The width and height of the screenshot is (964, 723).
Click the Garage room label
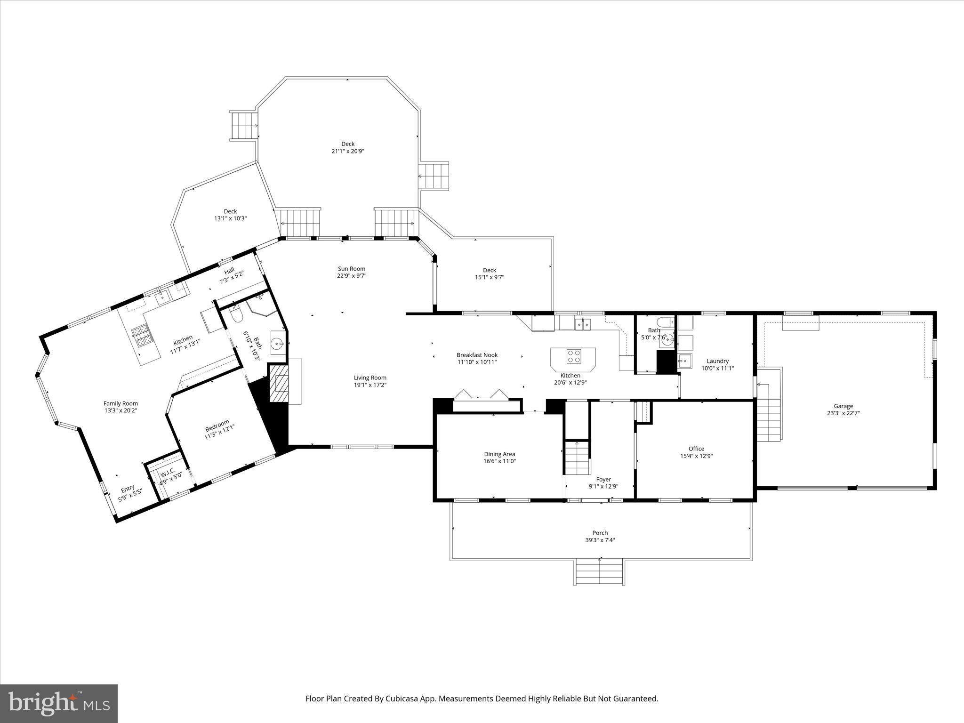(843, 406)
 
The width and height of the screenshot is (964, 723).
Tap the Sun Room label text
(351, 269)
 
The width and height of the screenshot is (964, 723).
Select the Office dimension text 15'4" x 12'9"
(696, 456)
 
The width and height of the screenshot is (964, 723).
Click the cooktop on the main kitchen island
(573, 356)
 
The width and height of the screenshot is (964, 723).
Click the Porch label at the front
(600, 533)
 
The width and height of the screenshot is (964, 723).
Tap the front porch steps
(599, 571)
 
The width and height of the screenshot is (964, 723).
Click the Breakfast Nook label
(477, 355)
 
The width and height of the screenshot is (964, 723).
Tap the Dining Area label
(499, 454)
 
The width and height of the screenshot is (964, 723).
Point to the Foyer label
(603, 479)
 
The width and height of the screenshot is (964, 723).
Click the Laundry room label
(717, 361)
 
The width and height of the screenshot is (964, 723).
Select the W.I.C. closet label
(168, 472)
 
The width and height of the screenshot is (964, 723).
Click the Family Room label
(120, 403)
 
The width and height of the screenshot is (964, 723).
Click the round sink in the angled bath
(278, 344)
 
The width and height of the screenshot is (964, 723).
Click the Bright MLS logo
(59, 704)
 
